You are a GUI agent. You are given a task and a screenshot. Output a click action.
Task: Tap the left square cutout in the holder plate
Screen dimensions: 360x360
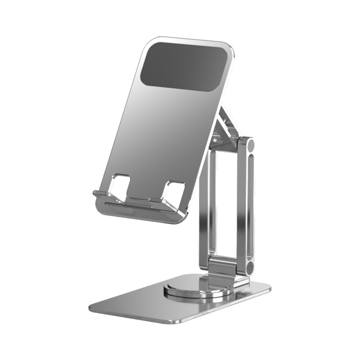pos(119,185)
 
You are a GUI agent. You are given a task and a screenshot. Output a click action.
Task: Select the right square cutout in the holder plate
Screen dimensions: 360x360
pos(173,192)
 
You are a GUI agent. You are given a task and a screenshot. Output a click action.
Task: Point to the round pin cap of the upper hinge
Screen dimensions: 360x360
pos(249,145)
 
